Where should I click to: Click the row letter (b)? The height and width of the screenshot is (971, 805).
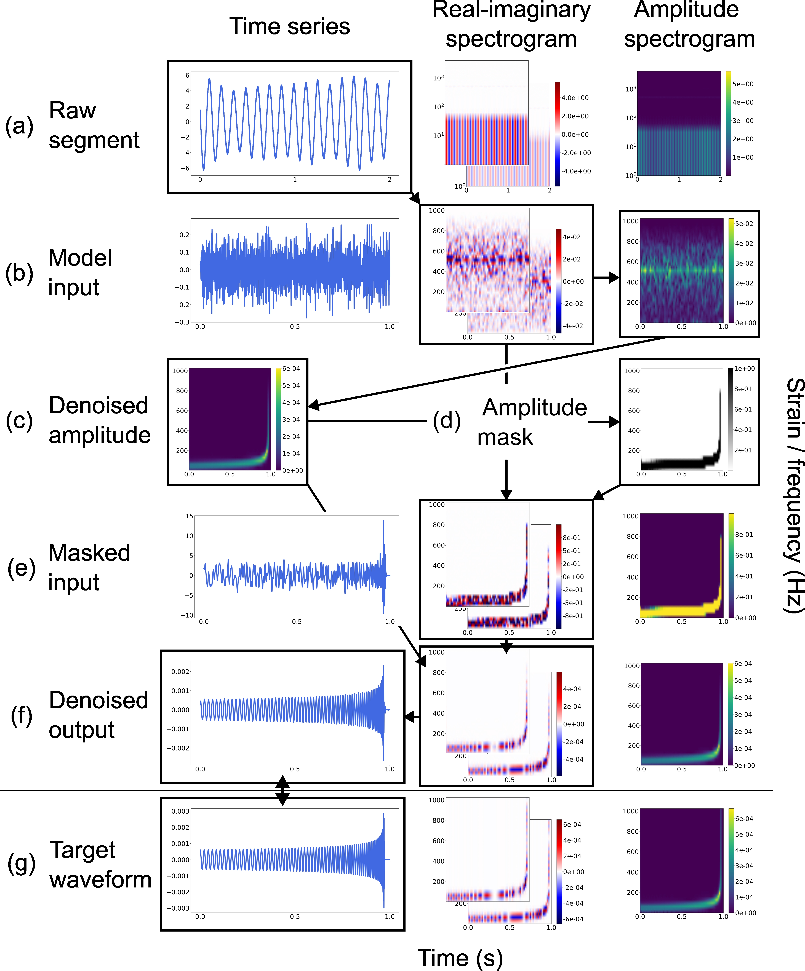[x=19, y=273]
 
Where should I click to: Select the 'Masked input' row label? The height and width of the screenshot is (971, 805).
[x=89, y=567]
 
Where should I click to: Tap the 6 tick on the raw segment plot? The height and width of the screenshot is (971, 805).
[x=187, y=75]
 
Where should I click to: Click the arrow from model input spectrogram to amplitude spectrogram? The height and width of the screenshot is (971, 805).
[x=606, y=277]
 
